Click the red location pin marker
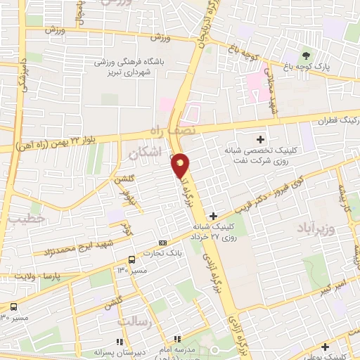[181, 165]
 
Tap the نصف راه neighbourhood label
[172, 131]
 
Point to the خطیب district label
[26, 219]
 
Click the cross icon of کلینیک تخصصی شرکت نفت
[260, 139]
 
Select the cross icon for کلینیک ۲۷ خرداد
[213, 215]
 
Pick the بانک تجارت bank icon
[164, 243]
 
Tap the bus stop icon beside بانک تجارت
[131, 260]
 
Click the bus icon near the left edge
[13, 307]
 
